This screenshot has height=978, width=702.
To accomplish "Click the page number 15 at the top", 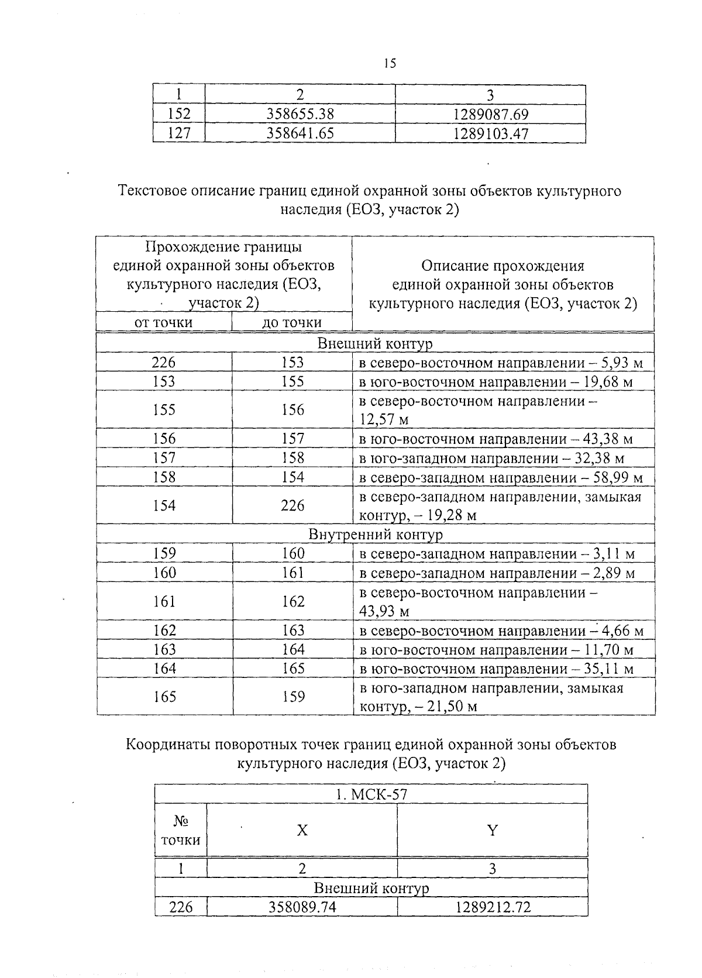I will tap(390, 63).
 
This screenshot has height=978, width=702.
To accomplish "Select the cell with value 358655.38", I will tap(300, 114).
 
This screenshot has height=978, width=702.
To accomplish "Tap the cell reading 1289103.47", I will tap(491, 134).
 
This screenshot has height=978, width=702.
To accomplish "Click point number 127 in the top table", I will tap(178, 134).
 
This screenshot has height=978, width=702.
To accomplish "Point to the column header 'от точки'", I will tap(163, 322).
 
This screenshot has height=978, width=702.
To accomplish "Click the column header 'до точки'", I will tap(292, 322).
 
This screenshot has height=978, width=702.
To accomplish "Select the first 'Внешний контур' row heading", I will tap(374, 343).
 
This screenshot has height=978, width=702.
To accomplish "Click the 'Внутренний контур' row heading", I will tap(375, 534).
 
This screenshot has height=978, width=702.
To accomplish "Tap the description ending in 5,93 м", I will tap(501, 363).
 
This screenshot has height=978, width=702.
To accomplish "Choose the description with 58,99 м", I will tap(501, 478).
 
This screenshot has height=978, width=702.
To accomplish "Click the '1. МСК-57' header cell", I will tap(371, 794).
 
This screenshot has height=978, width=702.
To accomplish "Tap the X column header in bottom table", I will tap(302, 831).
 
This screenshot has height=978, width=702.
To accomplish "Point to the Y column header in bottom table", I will tap(492, 831).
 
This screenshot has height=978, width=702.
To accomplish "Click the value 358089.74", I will tap(302, 907).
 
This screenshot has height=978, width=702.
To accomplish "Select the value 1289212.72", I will tap(492, 907).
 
